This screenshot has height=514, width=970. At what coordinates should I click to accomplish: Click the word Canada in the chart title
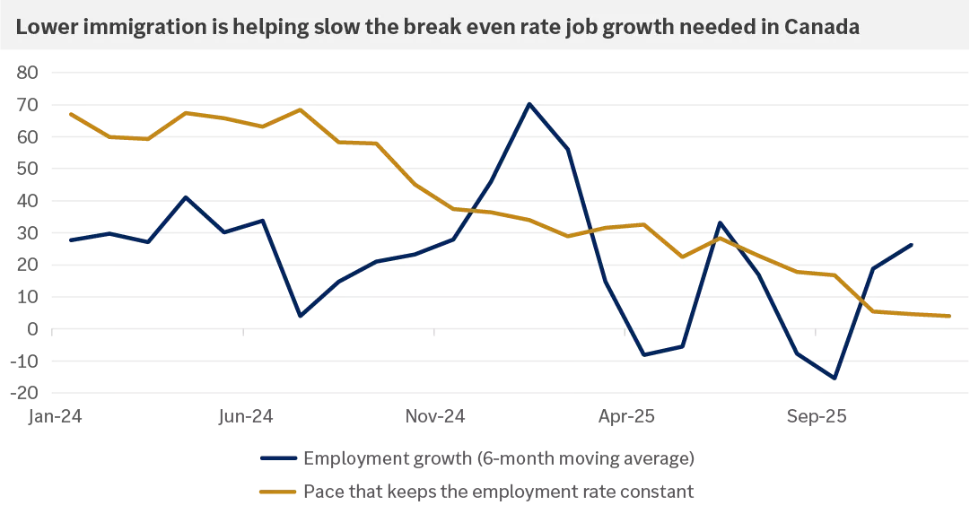pyautogui.click(x=822, y=27)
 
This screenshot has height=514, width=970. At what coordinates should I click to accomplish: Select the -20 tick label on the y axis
pyautogui.click(x=27, y=393)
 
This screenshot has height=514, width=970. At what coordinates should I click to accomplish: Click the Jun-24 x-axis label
pyautogui.click(x=245, y=417)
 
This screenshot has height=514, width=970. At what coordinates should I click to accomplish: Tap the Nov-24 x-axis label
pyautogui.click(x=435, y=417)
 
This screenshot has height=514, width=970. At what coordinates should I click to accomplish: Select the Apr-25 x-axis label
pyautogui.click(x=625, y=417)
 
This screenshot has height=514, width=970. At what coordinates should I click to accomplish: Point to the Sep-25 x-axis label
pyautogui.click(x=816, y=417)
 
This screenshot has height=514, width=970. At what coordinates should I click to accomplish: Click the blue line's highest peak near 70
pyautogui.click(x=529, y=103)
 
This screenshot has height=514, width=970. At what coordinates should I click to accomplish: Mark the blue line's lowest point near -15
pyautogui.click(x=835, y=378)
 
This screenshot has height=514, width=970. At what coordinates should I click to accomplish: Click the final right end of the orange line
pyautogui.click(x=949, y=316)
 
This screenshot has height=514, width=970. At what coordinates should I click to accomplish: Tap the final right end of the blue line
pyautogui.click(x=912, y=244)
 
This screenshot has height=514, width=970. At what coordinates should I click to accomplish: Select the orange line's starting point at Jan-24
pyautogui.click(x=70, y=114)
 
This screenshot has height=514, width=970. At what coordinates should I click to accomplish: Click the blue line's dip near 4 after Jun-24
pyautogui.click(x=300, y=316)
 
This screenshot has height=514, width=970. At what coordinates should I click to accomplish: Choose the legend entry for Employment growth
pyautogui.click(x=498, y=459)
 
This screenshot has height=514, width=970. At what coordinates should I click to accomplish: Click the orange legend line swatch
pyautogui.click(x=278, y=492)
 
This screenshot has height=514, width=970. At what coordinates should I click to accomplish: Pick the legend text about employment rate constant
pyautogui.click(x=498, y=492)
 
